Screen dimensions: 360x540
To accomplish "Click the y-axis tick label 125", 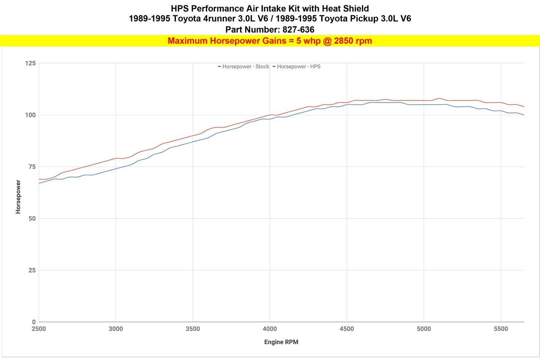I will coord(30,63).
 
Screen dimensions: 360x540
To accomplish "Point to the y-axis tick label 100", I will coord(30,115).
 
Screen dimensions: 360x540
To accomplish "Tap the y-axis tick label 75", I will coord(32,167).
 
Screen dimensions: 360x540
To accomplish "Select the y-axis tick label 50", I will coord(32,219).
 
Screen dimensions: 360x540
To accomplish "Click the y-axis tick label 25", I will coord(32,270).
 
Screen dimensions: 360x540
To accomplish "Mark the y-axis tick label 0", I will coord(34,322).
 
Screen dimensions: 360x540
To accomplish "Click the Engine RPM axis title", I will coord(281,342).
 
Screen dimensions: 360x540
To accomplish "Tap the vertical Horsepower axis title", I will coord(18,197).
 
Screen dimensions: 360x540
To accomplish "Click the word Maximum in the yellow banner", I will coord(187,41).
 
